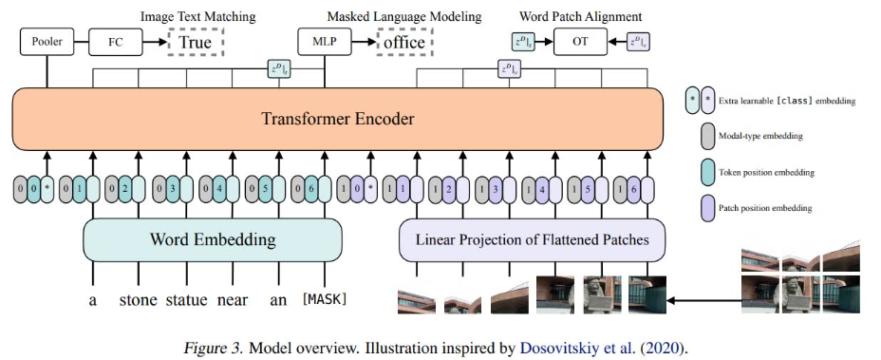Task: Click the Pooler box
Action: click(47, 43)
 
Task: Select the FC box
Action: click(115, 43)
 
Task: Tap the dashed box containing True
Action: click(196, 42)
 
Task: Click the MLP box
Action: click(324, 43)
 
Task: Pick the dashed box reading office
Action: click(404, 42)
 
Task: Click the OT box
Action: click(580, 42)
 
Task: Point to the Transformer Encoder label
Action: click(338, 120)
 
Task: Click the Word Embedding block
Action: click(213, 240)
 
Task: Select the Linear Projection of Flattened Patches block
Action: click(532, 240)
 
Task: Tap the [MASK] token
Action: click(325, 299)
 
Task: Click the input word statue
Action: click(187, 300)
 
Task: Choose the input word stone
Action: click(139, 300)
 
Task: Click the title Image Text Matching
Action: click(197, 17)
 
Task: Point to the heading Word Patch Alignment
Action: click(580, 17)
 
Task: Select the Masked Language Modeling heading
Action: click(404, 17)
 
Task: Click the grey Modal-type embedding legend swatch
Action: click(707, 136)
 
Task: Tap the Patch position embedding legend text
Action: click(765, 208)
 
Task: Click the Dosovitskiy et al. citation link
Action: click(605, 347)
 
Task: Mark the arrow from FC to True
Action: click(155, 42)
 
